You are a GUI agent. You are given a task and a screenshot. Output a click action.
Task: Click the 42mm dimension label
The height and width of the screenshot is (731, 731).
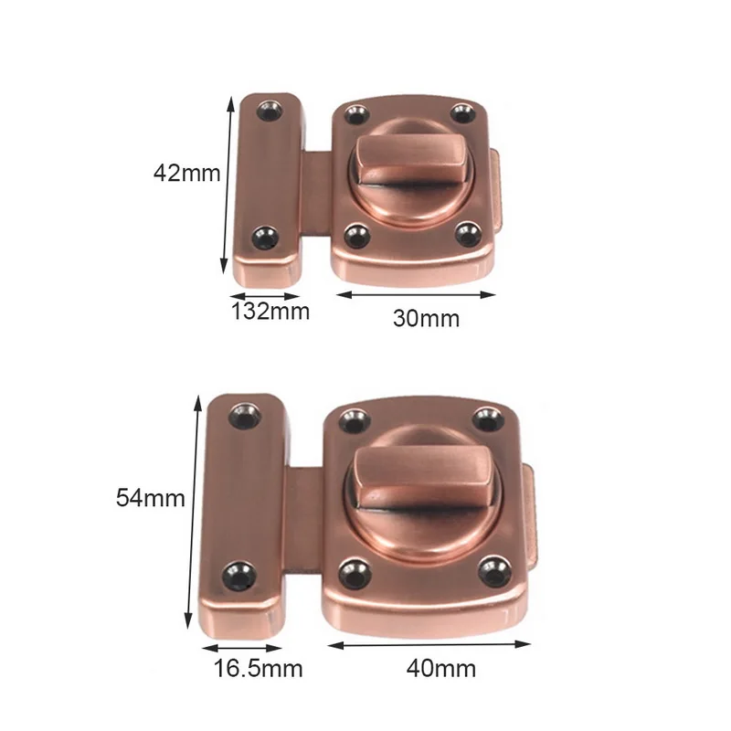tap(187, 173)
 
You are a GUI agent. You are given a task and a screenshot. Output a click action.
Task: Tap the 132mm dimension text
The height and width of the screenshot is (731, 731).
tap(270, 312)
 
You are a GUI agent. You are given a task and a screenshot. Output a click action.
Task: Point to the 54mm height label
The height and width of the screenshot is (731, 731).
tap(151, 498)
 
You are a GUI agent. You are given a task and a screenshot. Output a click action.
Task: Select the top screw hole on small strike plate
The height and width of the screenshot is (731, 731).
tap(269, 111)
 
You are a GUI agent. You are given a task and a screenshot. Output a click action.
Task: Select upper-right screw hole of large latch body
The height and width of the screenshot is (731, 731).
tap(487, 418)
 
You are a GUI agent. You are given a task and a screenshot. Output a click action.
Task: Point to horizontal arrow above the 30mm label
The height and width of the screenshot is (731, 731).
tap(416, 294)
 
